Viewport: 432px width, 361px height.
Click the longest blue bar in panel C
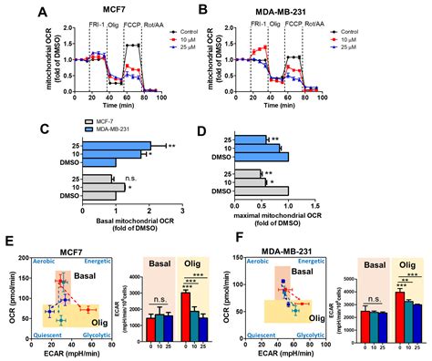[116, 145]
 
